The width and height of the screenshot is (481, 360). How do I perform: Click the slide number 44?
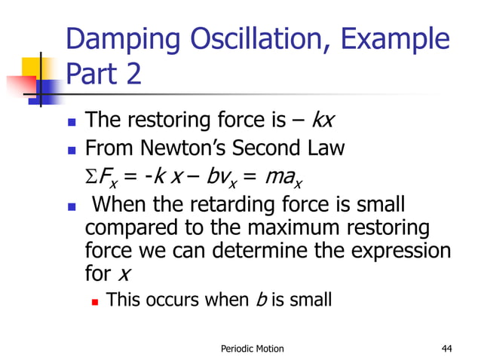[x=448, y=347]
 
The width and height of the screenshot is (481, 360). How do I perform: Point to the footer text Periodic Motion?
[x=252, y=347]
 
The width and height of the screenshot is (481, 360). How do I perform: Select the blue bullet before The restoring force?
[x=71, y=121]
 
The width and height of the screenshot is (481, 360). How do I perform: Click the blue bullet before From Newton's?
[x=71, y=149]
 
